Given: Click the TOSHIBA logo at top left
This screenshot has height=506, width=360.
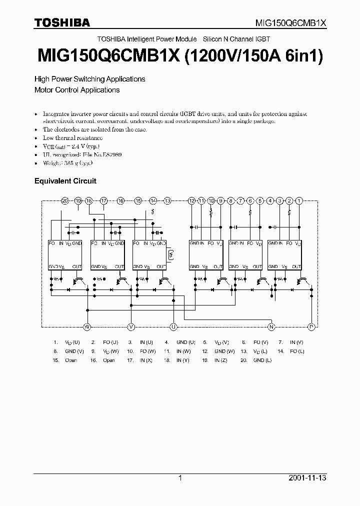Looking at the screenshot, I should (x=62, y=22).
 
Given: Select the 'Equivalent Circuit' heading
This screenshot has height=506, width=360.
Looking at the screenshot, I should (x=65, y=181).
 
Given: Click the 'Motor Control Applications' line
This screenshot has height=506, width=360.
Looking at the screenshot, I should (x=77, y=90).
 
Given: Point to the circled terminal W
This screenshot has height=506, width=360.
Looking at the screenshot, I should (x=87, y=326).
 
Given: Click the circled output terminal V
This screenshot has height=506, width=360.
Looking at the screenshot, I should (x=131, y=326).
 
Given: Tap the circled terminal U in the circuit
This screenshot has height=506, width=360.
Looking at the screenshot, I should (x=173, y=326).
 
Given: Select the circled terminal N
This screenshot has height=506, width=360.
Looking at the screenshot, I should (x=271, y=326).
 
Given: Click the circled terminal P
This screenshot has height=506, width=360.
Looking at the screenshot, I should (x=311, y=326).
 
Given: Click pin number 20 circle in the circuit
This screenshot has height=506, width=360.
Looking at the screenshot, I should (x=64, y=200).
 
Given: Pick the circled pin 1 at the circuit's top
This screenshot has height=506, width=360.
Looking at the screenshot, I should (x=299, y=200).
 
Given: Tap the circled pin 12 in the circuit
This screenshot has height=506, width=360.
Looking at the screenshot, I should (x=191, y=200).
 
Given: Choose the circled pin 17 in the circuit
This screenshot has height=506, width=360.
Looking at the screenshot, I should (x=103, y=200).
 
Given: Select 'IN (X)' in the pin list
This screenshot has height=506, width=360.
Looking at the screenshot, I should (x=146, y=360).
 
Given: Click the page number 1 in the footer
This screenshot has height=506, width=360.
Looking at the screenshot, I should (x=180, y=478).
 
